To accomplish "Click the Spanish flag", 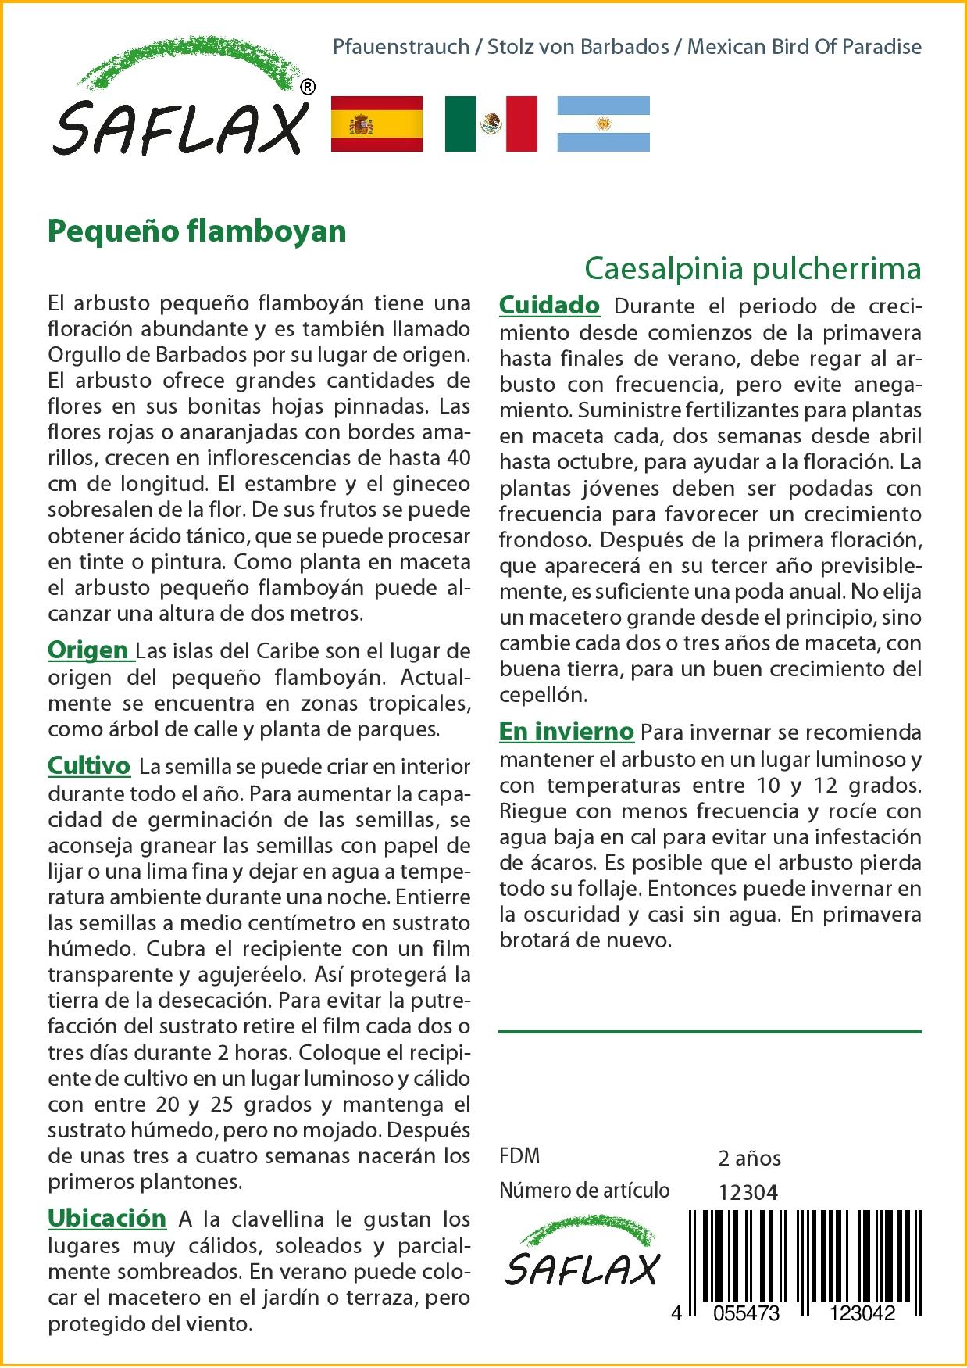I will coord(377,124).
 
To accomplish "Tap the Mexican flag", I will coord(491,124).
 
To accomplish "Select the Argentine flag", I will coord(603,124).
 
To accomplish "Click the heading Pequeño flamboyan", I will coord(197,231).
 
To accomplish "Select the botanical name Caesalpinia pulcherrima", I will coord(753,268).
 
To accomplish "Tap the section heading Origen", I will coord(88,650).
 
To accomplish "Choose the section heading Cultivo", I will coord(89,765).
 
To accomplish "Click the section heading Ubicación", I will coord(107,1218).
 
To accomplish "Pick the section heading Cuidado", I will coord(549,305).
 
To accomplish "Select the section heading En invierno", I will coord(566,732).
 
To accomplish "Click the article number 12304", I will coord(748,1192).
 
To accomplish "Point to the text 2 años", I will coord(749,1159).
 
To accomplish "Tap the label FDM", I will coord(519,1156).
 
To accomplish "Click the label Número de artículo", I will coord(584,1191).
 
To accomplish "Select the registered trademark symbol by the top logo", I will coord(308,88).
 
